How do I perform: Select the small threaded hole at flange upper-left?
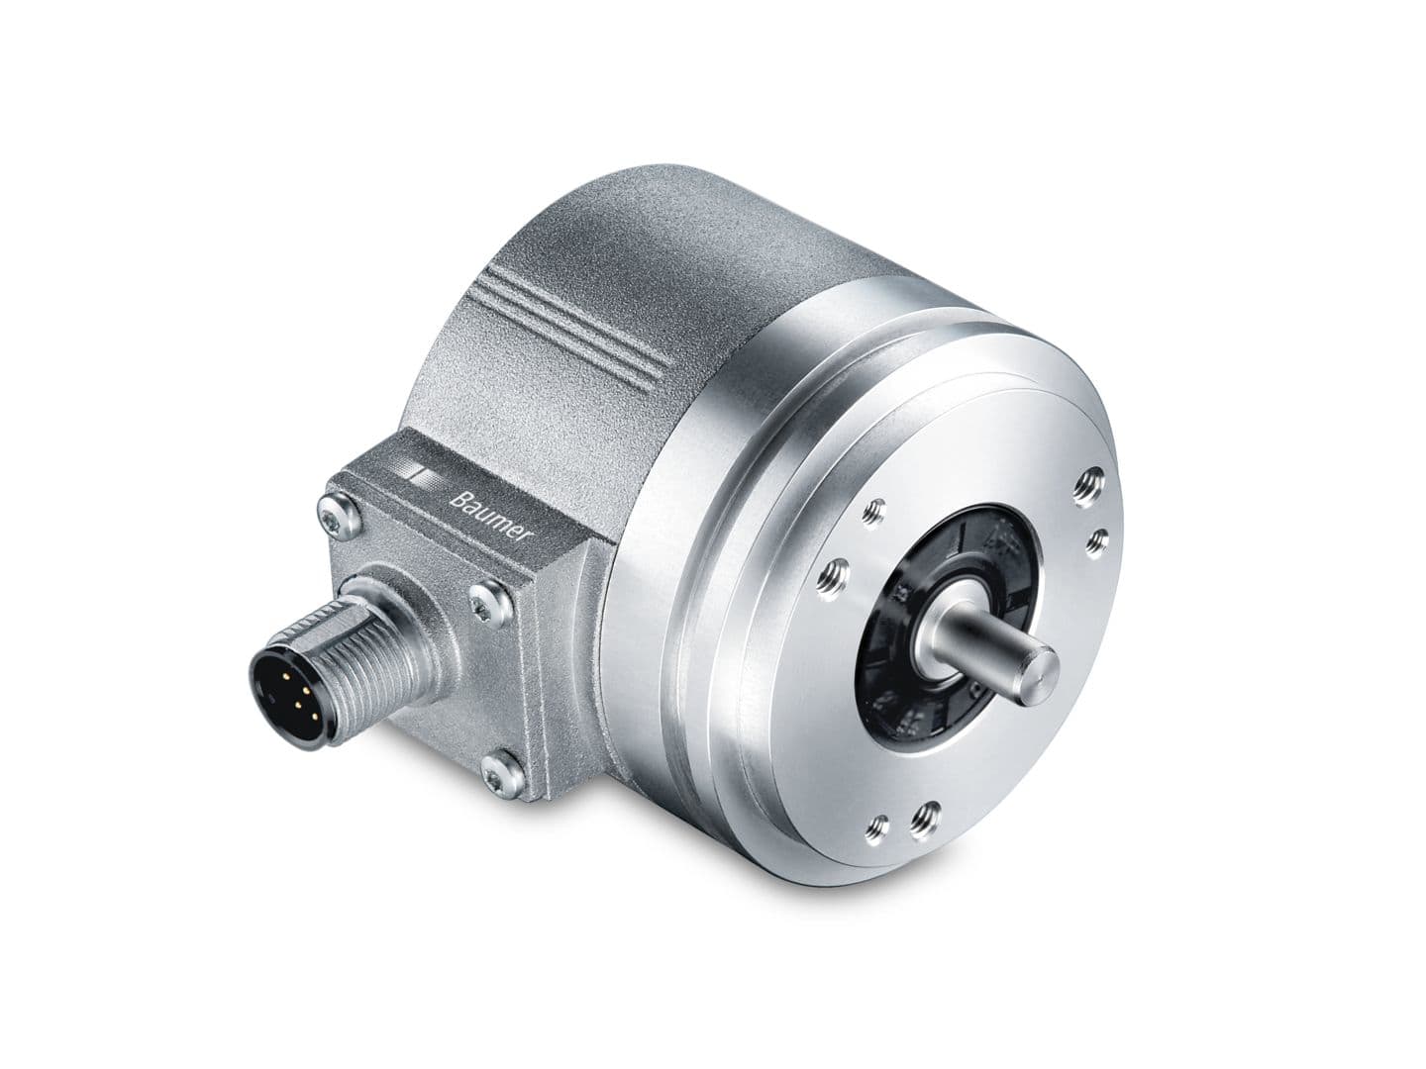click(x=873, y=511)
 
